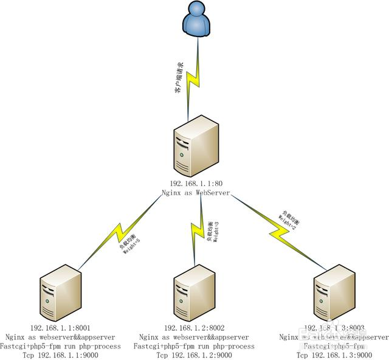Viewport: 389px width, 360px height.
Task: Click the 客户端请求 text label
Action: click(179, 77)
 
